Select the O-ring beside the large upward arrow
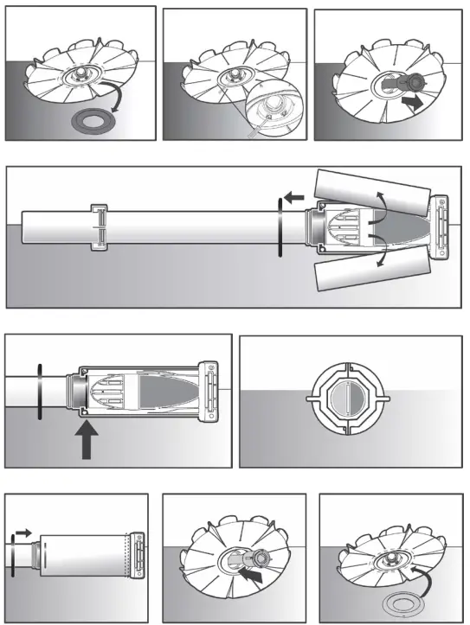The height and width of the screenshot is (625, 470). pos(39,393)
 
